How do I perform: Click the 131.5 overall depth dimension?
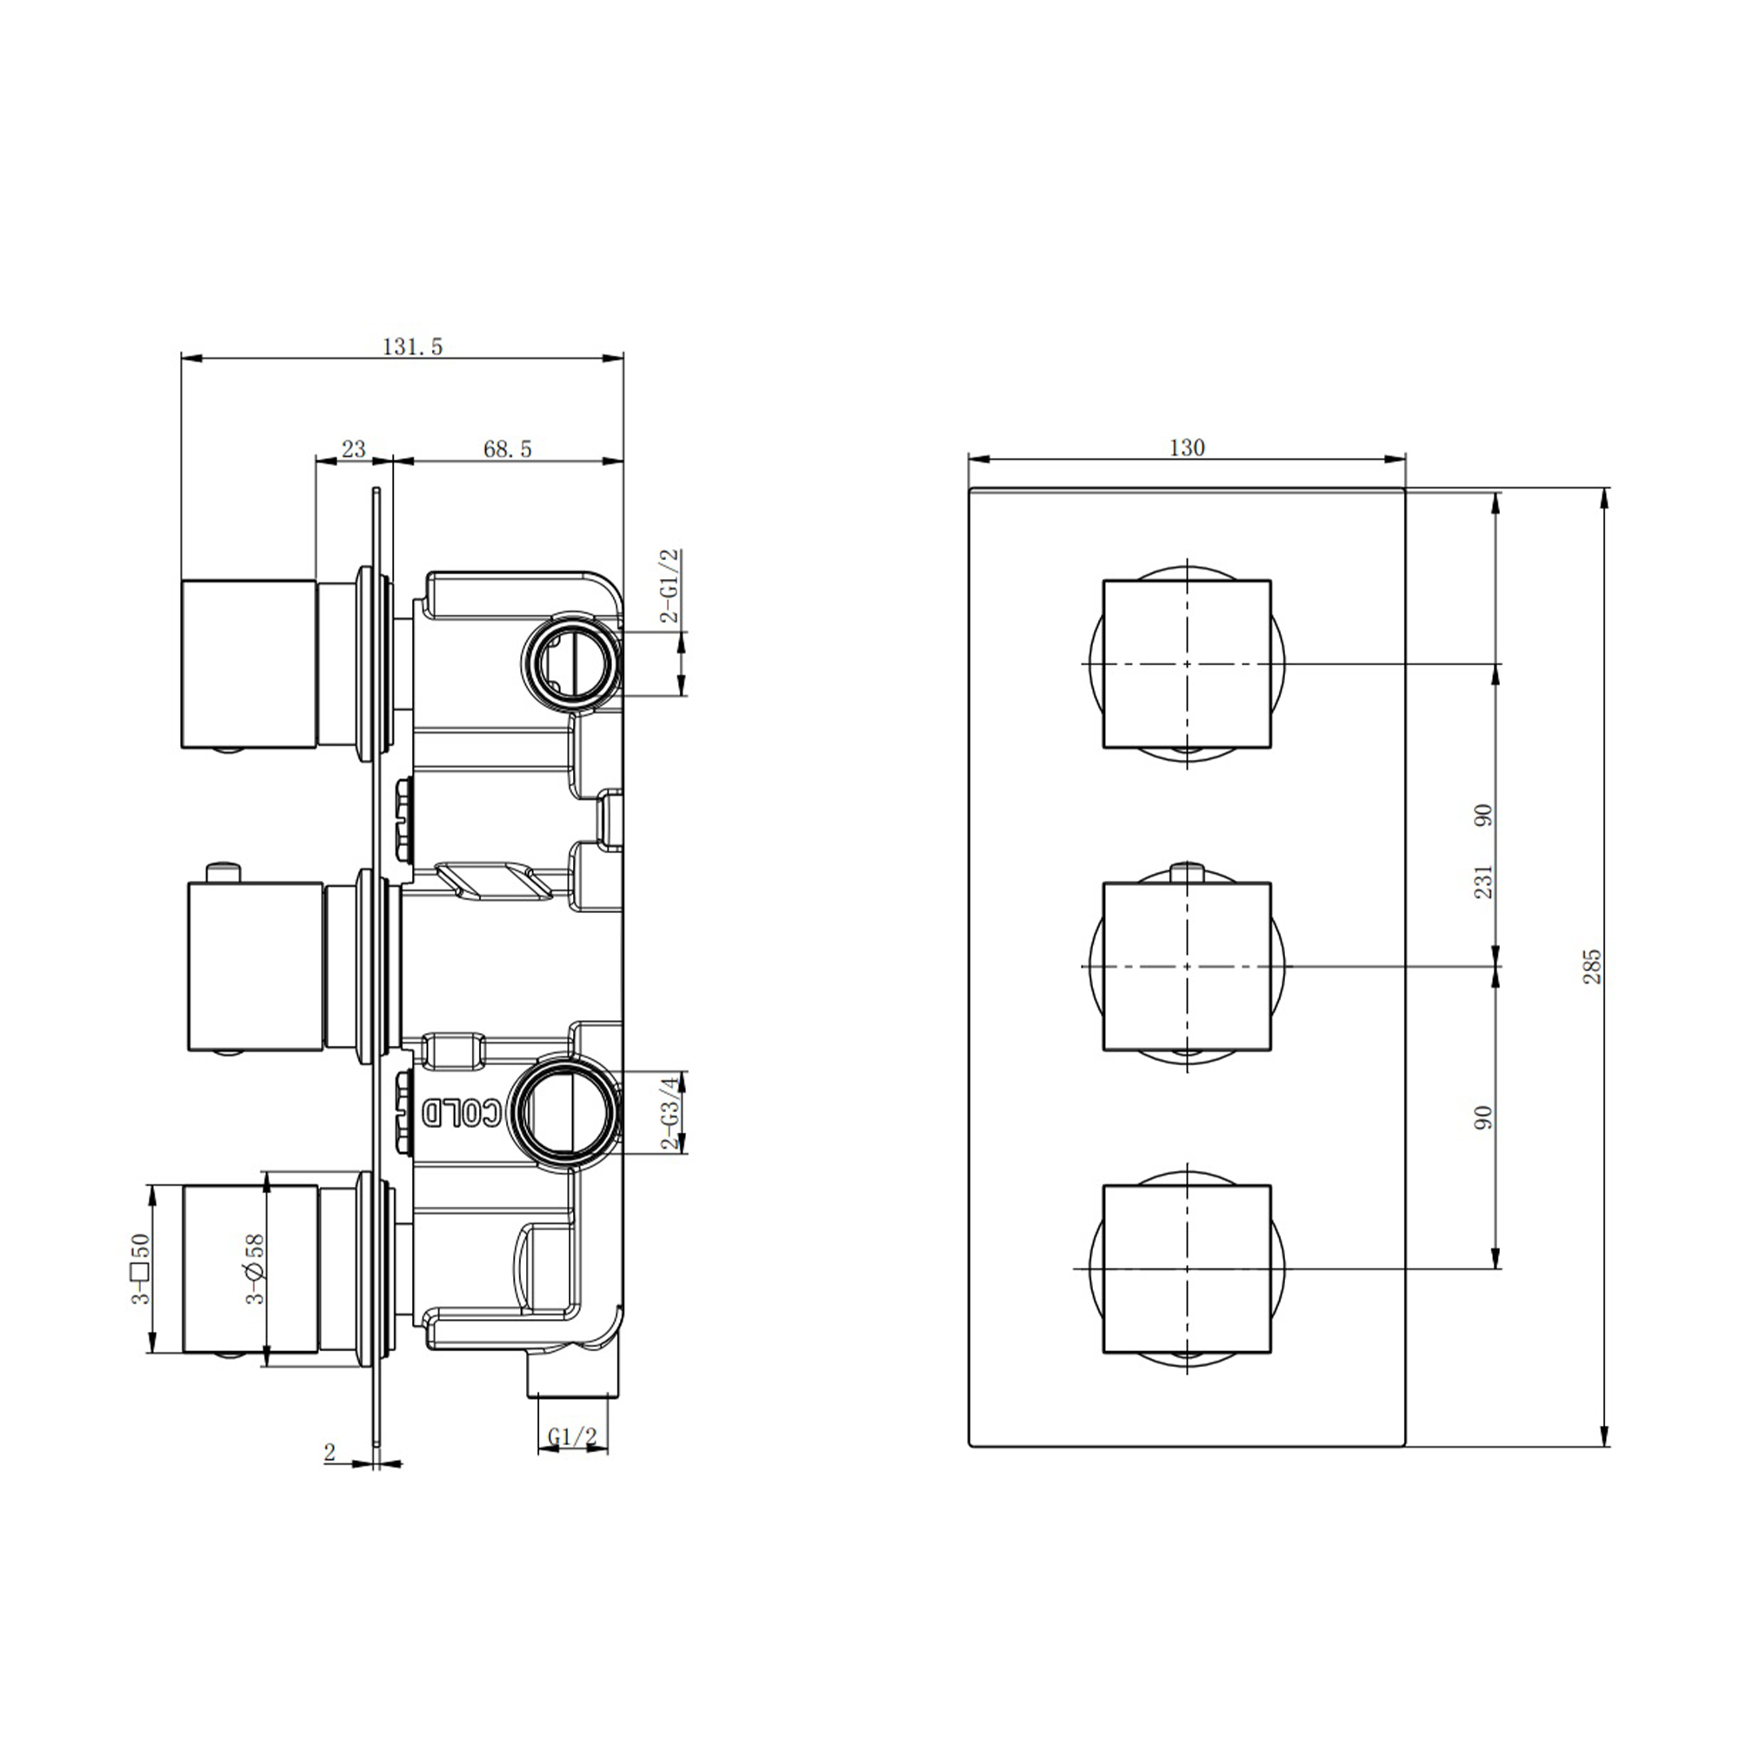click(x=413, y=347)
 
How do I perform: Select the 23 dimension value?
click(x=354, y=449)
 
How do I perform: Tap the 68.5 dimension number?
click(x=508, y=449)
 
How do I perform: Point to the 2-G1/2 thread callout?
click(x=670, y=586)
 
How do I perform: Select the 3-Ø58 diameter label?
click(x=257, y=1269)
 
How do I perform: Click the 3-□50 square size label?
click(x=140, y=1269)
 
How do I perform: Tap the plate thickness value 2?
click(x=330, y=1452)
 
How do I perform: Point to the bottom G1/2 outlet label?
click(x=572, y=1437)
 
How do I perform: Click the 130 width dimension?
click(x=1186, y=447)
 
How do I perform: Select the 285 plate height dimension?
click(x=1592, y=966)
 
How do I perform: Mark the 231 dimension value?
click(x=1483, y=881)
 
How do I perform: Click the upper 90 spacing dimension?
click(x=1483, y=816)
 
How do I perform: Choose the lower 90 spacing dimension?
click(x=1483, y=1117)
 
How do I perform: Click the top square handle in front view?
click(x=1186, y=663)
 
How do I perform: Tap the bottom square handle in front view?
click(x=1186, y=1269)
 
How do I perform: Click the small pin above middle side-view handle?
click(x=223, y=872)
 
